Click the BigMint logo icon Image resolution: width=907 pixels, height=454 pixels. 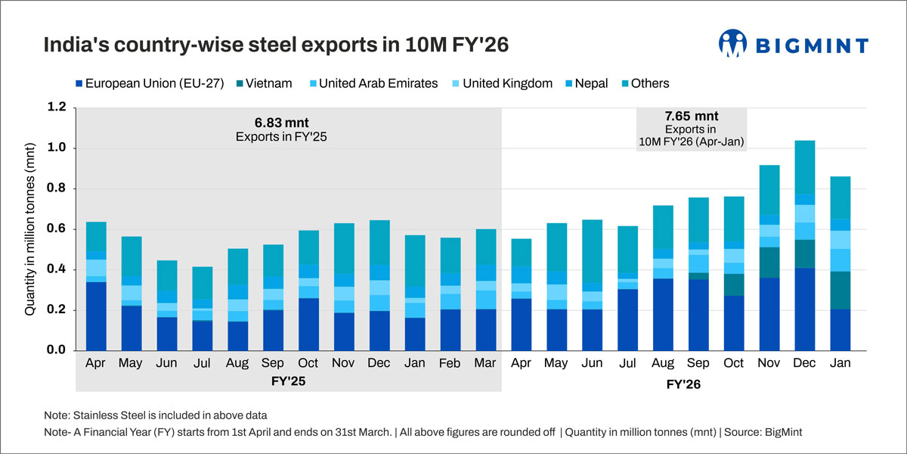coord(732,44)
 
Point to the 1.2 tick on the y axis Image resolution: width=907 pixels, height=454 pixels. coord(57,107)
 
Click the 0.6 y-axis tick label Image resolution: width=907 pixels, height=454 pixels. coord(57,229)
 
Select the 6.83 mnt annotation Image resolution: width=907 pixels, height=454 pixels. coord(282,122)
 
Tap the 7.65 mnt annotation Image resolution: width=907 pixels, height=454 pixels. coord(692,117)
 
